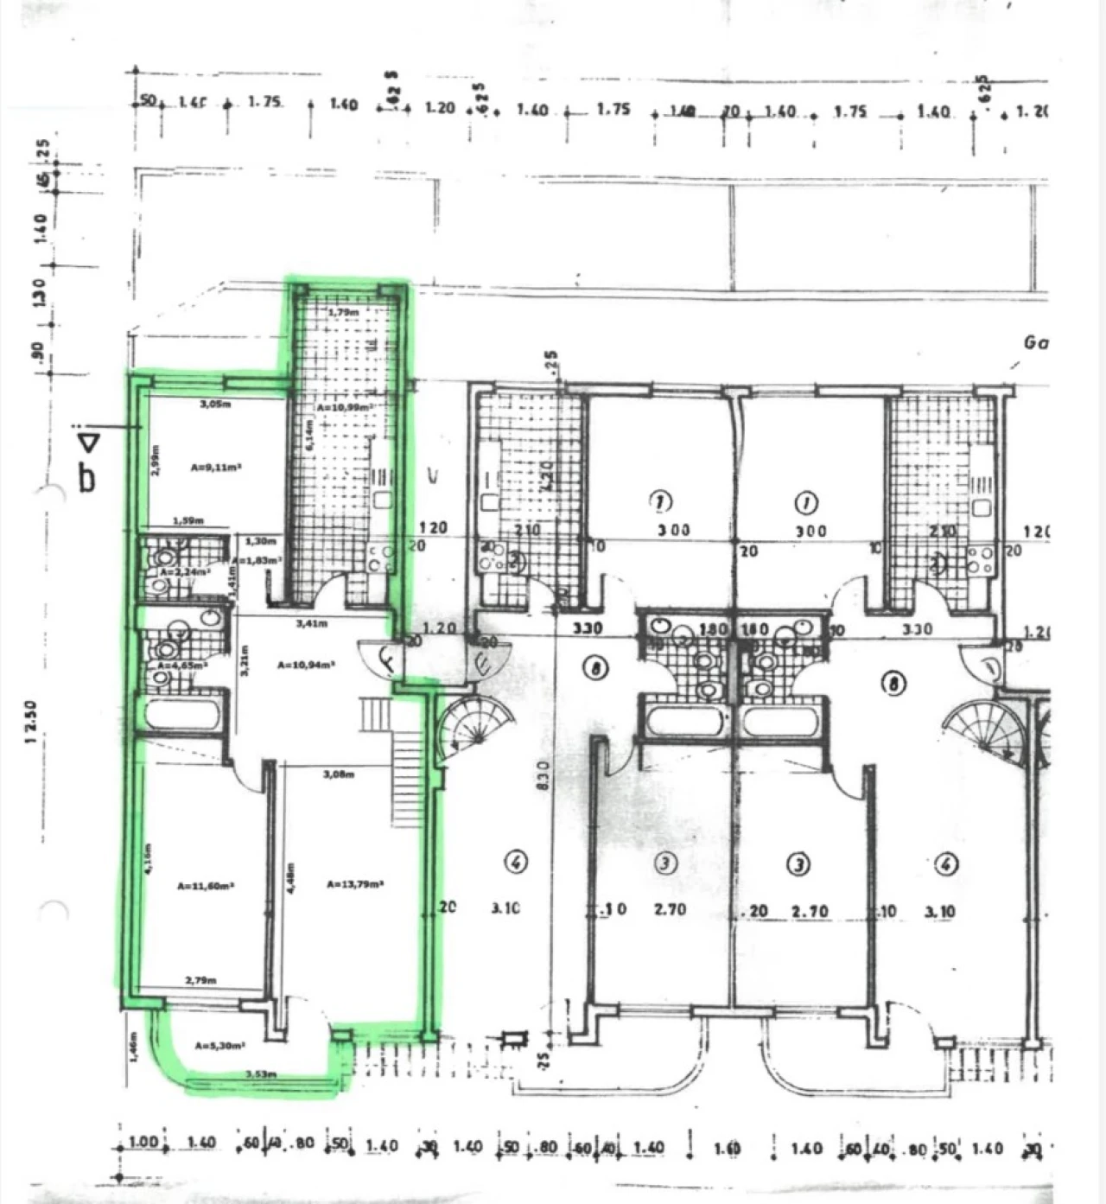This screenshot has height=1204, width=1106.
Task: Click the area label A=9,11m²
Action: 215,468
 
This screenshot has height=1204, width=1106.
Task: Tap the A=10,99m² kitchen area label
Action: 344,407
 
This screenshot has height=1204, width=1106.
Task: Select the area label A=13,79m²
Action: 355,884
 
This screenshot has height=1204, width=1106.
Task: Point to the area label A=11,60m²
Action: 206,886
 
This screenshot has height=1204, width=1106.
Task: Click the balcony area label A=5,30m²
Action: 219,1045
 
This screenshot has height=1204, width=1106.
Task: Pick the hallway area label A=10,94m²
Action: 306,665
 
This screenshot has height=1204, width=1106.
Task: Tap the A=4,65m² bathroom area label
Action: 181,666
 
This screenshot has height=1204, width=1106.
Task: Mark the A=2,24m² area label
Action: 184,572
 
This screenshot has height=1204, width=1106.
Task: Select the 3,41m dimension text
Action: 311,622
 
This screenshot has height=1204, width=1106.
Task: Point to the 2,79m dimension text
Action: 200,980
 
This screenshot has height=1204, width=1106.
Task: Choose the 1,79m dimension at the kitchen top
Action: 342,311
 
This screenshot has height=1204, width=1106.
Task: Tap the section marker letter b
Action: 86,477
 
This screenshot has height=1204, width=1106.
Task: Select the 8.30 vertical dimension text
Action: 543,778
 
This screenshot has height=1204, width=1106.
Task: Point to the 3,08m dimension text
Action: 338,774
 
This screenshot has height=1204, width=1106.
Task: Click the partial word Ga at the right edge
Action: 1035,342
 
